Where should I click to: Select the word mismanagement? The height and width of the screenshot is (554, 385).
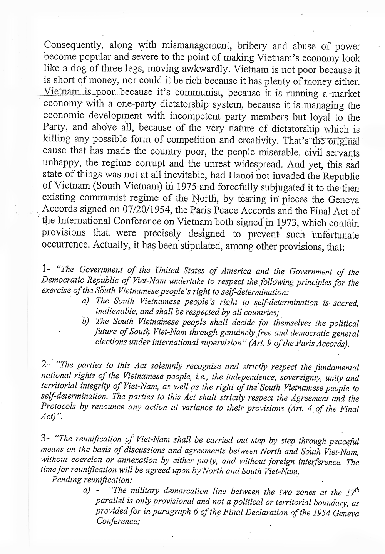coord(189,47)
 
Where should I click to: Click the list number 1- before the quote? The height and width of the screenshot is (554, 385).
coord(47,270)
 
